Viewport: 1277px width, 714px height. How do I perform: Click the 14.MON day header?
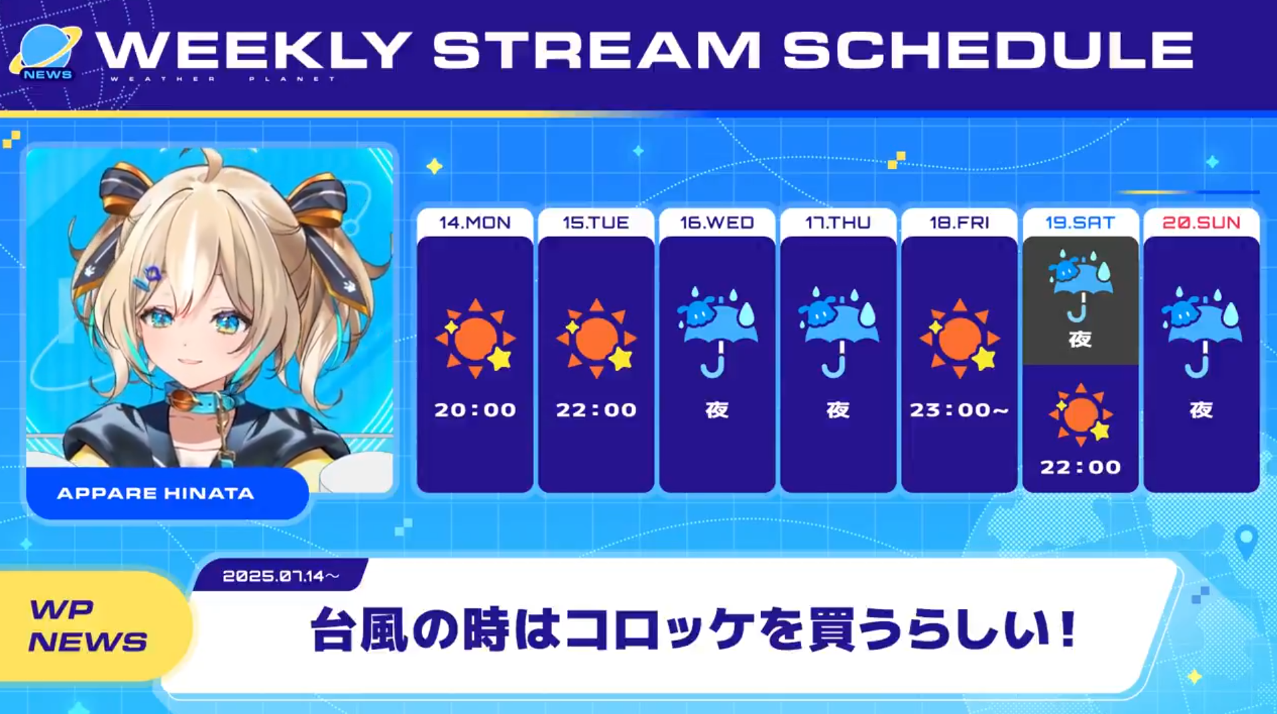475,222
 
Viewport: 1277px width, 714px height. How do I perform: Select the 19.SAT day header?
1080,222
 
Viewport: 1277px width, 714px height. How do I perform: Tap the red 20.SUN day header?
1201,222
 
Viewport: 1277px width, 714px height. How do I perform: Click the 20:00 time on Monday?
475,409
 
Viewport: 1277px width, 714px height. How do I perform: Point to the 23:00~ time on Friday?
959,409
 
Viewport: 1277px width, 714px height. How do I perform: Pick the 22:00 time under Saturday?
1080,467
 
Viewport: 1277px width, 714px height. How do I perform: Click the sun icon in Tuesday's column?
596,338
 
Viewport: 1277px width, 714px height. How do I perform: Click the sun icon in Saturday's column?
1080,415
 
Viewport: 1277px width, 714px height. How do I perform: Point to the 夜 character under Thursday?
838,409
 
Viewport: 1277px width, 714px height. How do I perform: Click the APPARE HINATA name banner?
167,494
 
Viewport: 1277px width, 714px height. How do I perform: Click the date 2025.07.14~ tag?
280,576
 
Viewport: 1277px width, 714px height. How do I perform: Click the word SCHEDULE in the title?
988,50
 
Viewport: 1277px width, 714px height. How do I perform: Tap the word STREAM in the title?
598,50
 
